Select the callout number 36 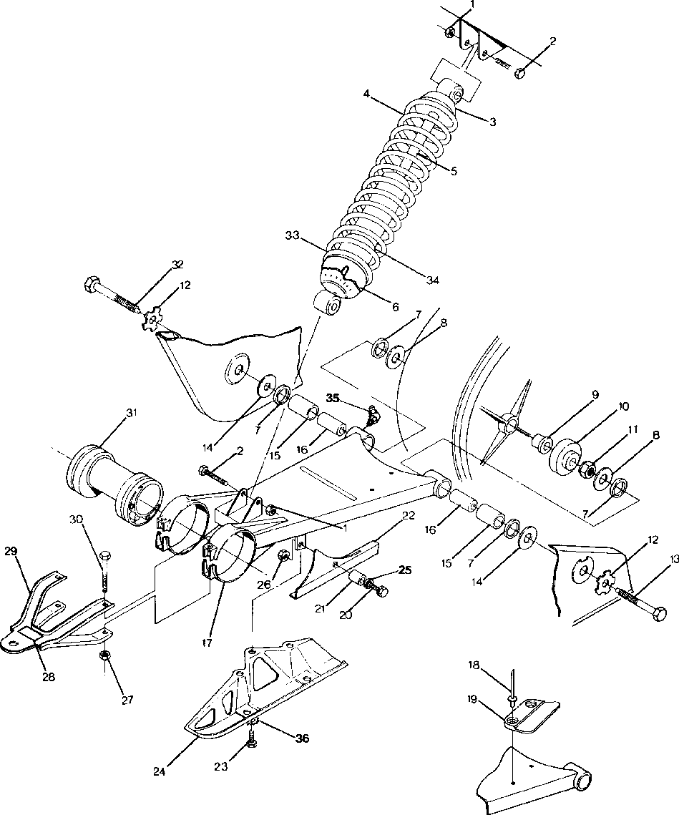click(x=302, y=738)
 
